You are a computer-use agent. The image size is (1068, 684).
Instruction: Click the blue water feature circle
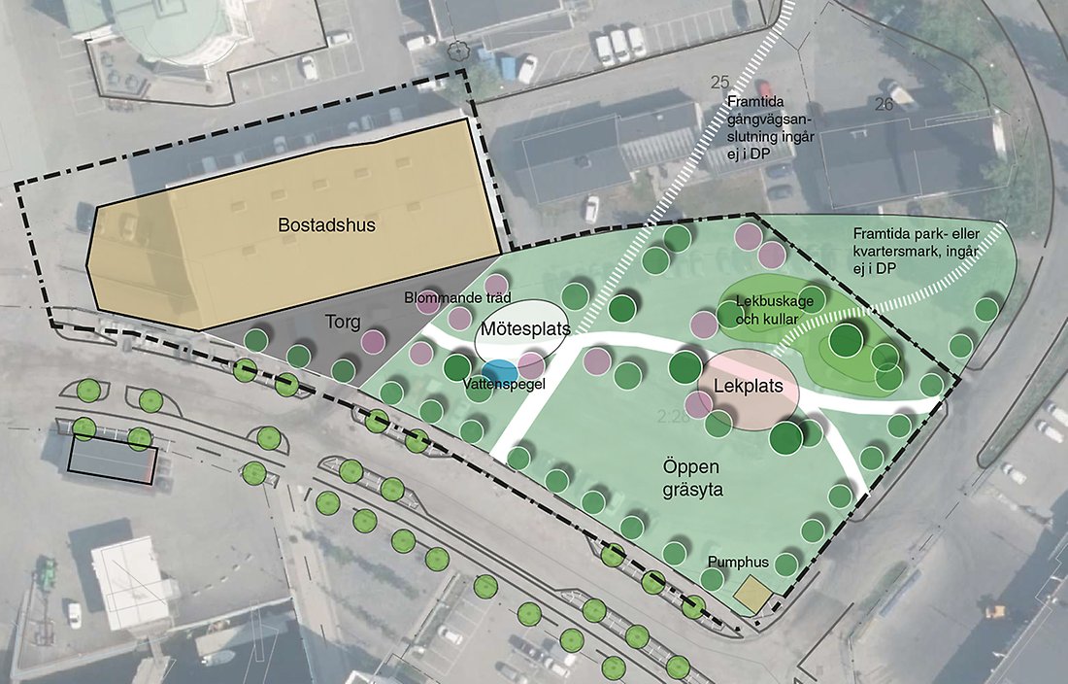[499, 370]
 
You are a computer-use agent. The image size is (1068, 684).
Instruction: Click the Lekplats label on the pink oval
[748, 386]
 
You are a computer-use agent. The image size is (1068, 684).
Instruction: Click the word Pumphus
[737, 562]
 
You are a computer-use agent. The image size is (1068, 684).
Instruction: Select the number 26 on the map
[884, 104]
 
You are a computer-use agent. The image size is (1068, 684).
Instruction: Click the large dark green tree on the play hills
[847, 339]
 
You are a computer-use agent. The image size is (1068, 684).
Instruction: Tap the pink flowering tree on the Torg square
[373, 341]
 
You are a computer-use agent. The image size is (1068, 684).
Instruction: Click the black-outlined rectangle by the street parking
[112, 457]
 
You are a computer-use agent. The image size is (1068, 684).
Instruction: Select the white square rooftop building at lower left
[135, 583]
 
